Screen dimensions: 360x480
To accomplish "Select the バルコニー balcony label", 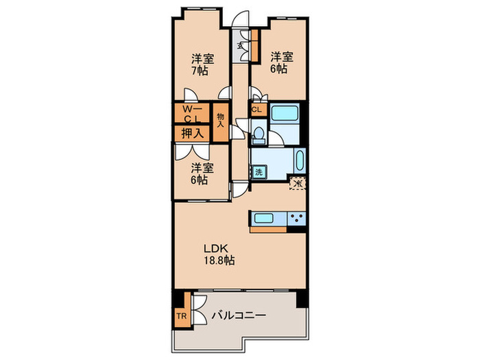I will (239, 316).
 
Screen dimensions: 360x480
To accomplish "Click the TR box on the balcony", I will (182, 317).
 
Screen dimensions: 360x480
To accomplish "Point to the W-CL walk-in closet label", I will (191, 113).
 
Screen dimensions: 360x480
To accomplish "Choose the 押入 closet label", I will (191, 133).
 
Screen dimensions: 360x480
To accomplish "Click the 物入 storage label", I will (221, 121).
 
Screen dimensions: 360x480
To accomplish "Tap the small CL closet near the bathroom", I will (256, 110).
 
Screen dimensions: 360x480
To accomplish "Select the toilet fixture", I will (259, 133).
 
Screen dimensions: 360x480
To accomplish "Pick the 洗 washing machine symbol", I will (259, 173).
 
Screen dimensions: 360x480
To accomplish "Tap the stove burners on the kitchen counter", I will (298, 219).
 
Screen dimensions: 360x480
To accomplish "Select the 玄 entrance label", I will (240, 47).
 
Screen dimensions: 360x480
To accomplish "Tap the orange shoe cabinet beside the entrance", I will (254, 45).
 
